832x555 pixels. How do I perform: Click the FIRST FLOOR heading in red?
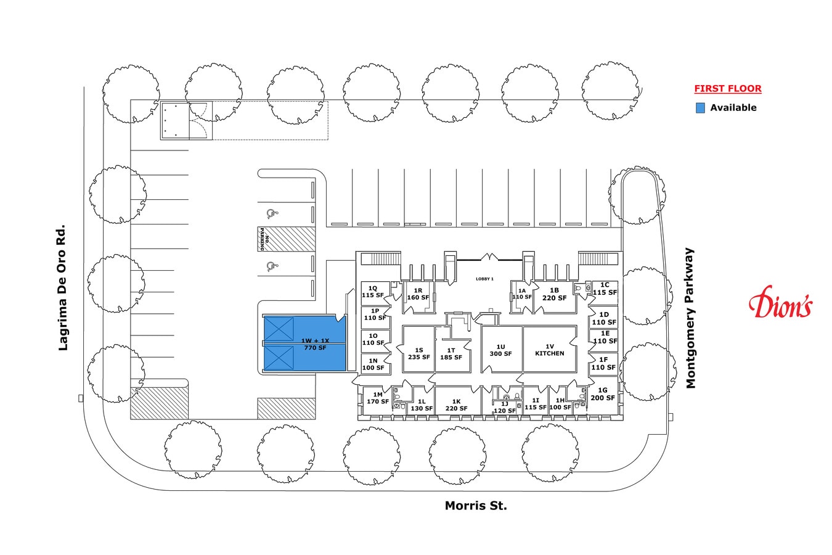728,89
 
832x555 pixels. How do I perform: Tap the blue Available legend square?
700,108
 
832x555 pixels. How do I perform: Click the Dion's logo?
780,302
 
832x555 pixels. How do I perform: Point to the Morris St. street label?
476,506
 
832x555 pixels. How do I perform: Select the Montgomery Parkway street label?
690,318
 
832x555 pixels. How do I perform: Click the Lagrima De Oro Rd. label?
62,287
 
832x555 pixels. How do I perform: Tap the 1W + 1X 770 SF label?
315,344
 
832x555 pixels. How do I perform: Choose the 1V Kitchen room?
550,350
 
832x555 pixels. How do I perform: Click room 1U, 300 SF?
502,350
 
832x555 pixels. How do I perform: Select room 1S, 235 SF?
418,350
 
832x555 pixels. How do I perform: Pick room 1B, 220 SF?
555,295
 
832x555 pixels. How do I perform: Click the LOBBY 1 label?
484,279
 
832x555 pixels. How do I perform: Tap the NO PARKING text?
264,239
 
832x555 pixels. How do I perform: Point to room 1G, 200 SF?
603,395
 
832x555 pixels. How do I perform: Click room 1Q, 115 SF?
375,292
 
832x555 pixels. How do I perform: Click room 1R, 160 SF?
418,295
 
